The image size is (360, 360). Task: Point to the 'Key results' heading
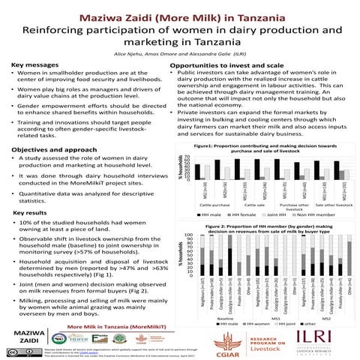coord(31,213)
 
